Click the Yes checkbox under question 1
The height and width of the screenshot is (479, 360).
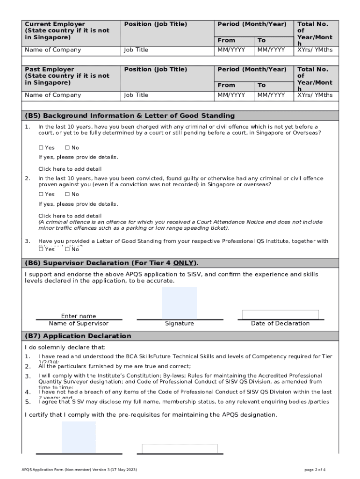tap(41, 148)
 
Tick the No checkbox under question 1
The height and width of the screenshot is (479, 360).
tap(67, 148)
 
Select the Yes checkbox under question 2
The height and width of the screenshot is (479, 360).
tap(41, 194)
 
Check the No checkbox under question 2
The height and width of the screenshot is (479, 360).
tap(67, 194)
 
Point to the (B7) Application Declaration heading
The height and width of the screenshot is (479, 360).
tap(78, 336)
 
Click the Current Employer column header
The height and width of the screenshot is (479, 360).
tap(67, 30)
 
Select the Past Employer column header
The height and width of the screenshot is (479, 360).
tap(67, 76)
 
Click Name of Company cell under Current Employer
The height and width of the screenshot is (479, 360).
tap(53, 50)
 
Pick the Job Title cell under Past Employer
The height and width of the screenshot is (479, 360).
tap(136, 95)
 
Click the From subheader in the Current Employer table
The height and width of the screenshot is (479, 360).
tap(226, 41)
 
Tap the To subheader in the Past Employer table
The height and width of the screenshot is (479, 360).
tap(261, 85)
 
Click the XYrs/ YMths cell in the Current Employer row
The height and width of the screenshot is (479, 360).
tap(315, 50)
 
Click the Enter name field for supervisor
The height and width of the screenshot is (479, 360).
tap(79, 316)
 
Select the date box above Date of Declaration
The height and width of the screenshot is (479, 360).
tap(280, 314)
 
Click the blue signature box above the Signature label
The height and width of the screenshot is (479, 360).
tap(179, 303)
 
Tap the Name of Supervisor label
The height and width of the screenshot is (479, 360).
tap(79, 324)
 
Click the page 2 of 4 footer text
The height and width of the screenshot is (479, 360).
tap(315, 469)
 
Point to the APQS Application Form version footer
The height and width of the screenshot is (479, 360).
tap(79, 469)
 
